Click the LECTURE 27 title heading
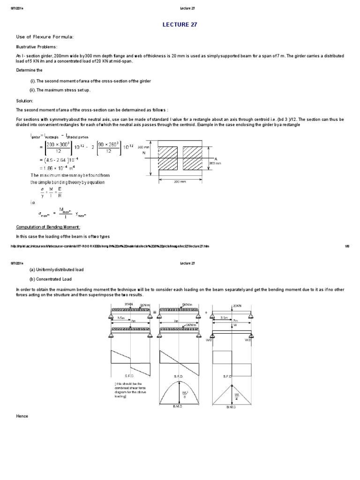click(x=180, y=24)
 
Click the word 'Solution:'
click(x=24, y=101)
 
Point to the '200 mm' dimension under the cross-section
click(x=180, y=180)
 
